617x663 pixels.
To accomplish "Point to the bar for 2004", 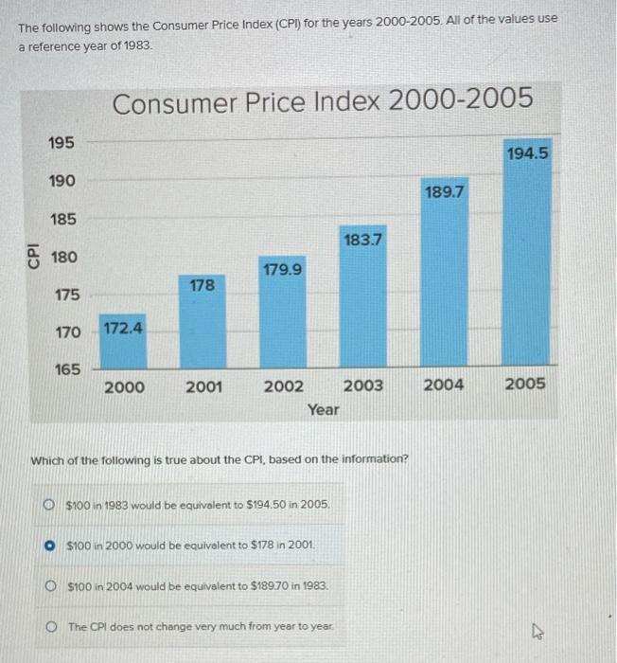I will (444, 284).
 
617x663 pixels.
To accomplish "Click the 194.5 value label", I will (527, 152).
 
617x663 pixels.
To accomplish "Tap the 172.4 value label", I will (123, 329).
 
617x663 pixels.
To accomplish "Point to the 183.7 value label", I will (363, 240).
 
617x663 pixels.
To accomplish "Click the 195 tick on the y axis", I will (65, 141).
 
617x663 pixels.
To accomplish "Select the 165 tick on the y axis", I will (66, 369).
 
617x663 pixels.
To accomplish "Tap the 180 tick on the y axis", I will (65, 257).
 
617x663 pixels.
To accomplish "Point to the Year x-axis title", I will (323, 409).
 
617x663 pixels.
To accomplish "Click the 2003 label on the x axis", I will (363, 385).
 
